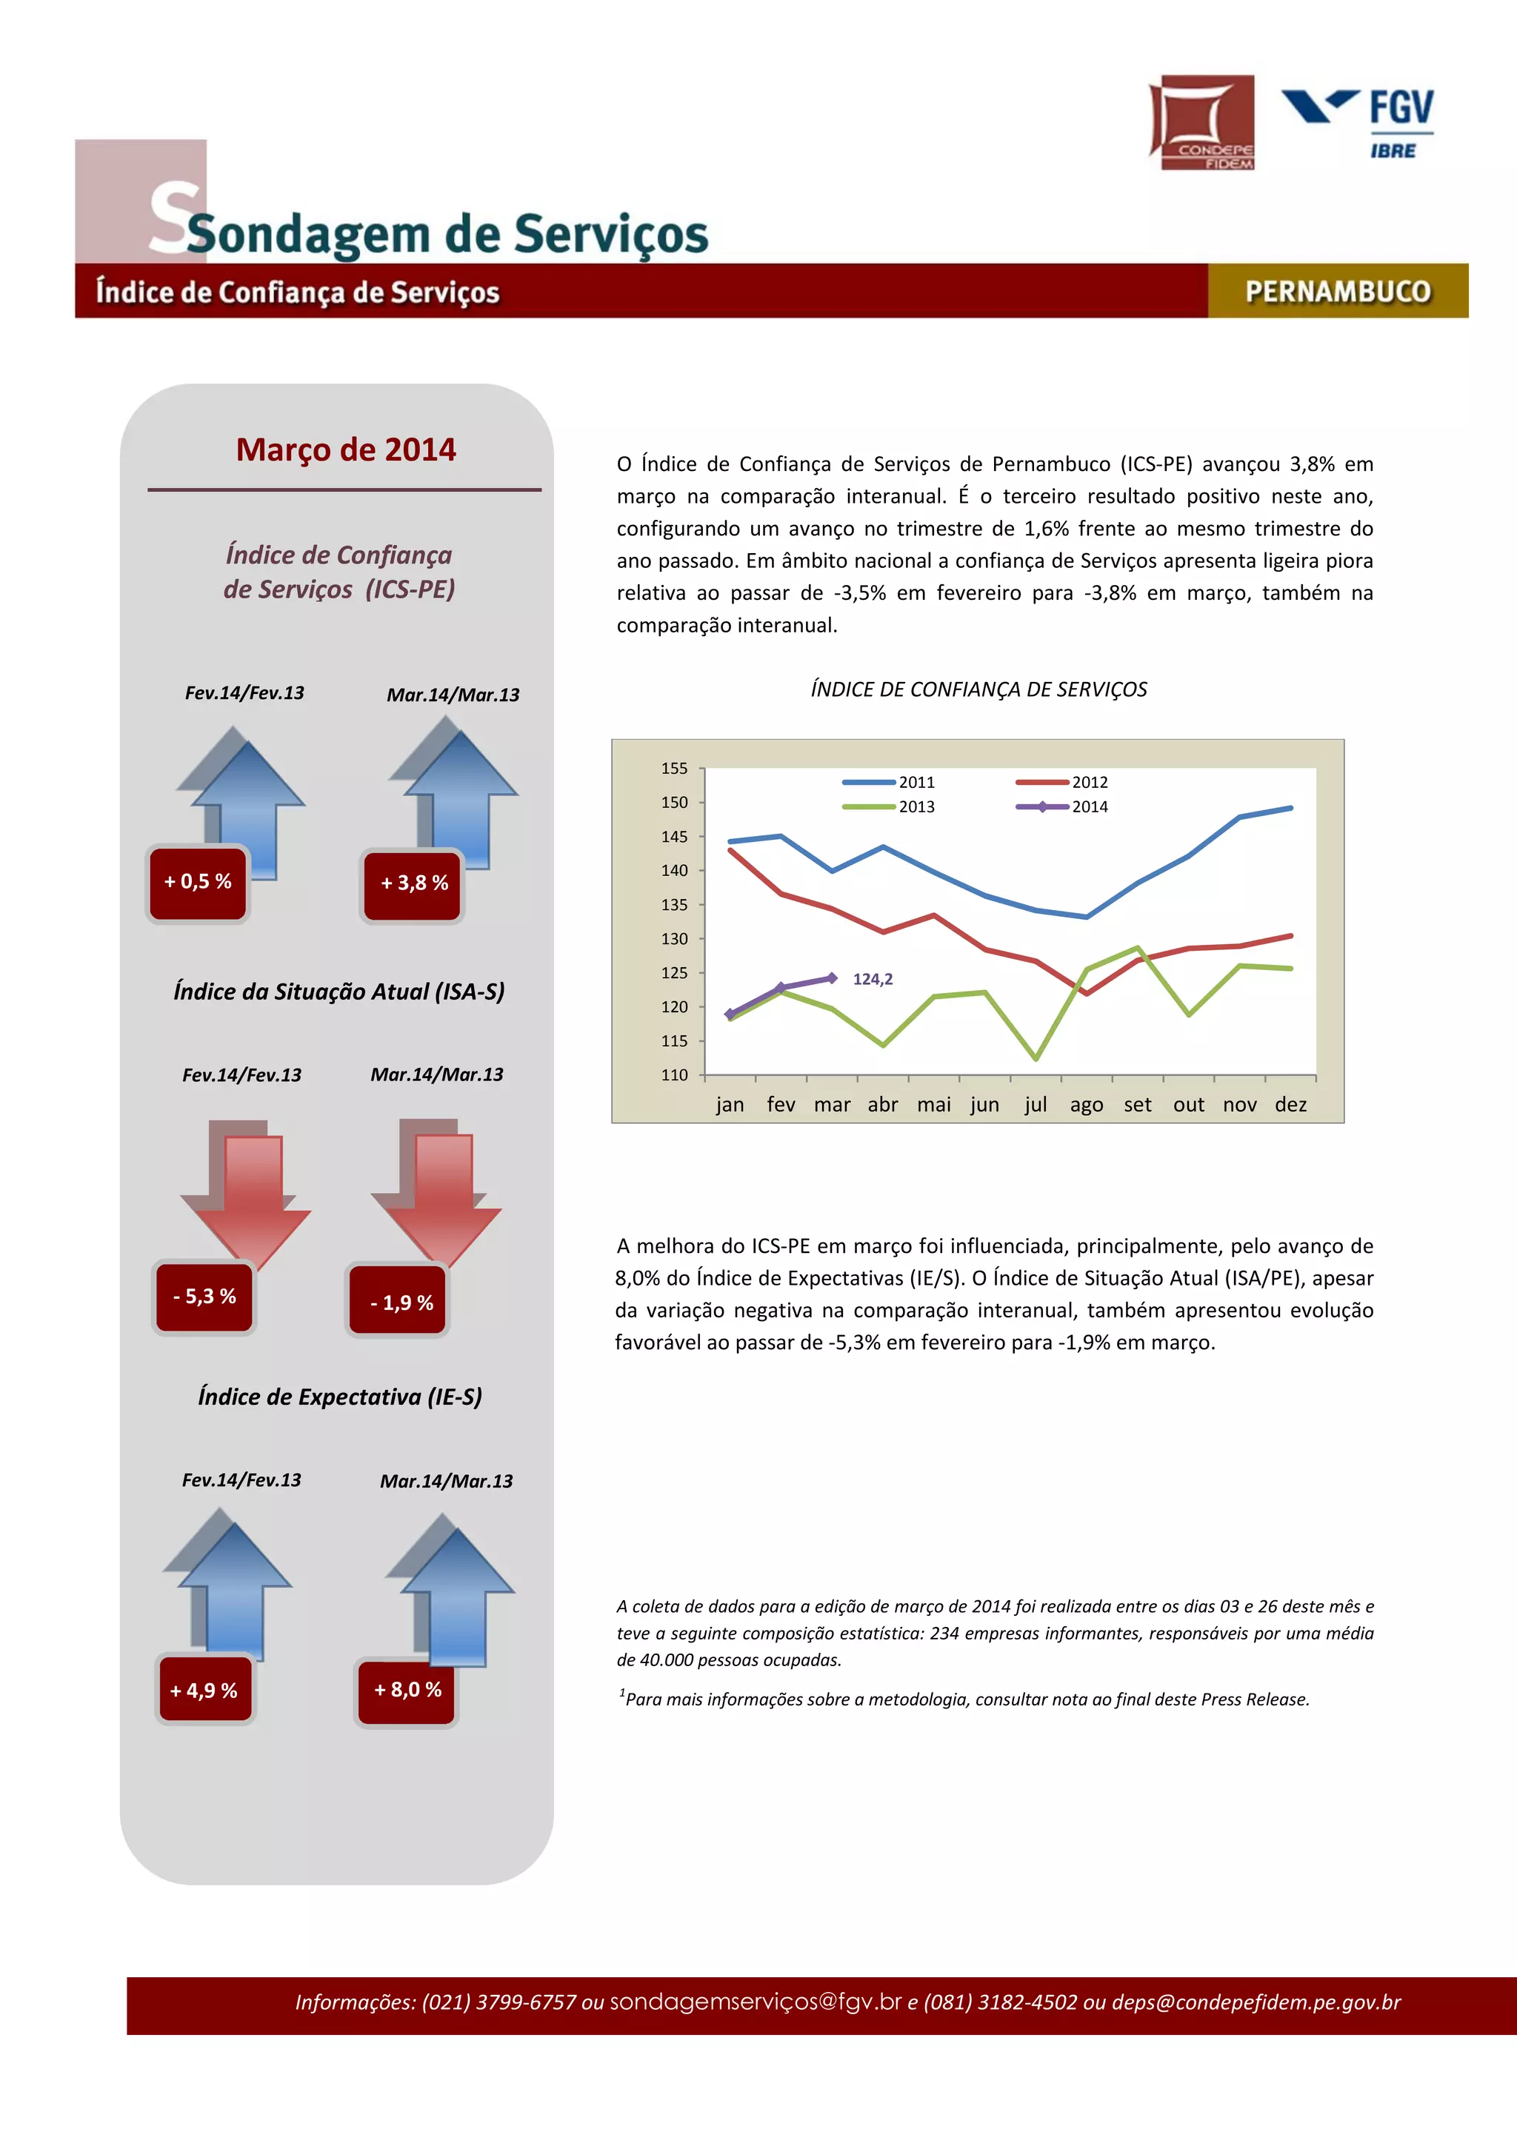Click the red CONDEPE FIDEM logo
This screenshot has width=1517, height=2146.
click(x=1201, y=122)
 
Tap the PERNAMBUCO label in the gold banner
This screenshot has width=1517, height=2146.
click(x=1338, y=292)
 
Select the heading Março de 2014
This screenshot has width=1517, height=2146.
click(x=346, y=449)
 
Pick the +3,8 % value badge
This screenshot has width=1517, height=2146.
click(x=414, y=883)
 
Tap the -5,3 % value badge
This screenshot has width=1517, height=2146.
click(x=204, y=1297)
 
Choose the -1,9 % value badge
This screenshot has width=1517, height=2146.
click(x=401, y=1302)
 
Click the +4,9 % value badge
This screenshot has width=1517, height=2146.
click(x=204, y=1690)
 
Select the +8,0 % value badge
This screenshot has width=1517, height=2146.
click(x=407, y=1689)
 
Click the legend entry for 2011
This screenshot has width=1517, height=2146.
click(x=888, y=782)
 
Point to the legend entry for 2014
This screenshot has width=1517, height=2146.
click(x=1061, y=806)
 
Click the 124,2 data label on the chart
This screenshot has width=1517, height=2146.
click(x=872, y=979)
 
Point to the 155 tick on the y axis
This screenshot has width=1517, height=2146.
click(x=674, y=769)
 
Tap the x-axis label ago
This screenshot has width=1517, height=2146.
click(x=1086, y=1105)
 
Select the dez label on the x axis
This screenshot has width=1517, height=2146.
click(x=1290, y=1105)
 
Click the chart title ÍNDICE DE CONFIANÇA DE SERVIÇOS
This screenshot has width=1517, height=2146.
click(x=978, y=690)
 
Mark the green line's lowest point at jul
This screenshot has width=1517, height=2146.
click(x=1036, y=1058)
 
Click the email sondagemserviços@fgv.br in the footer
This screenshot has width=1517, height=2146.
click(x=756, y=2002)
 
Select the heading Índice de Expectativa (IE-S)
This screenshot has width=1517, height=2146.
click(x=340, y=1397)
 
